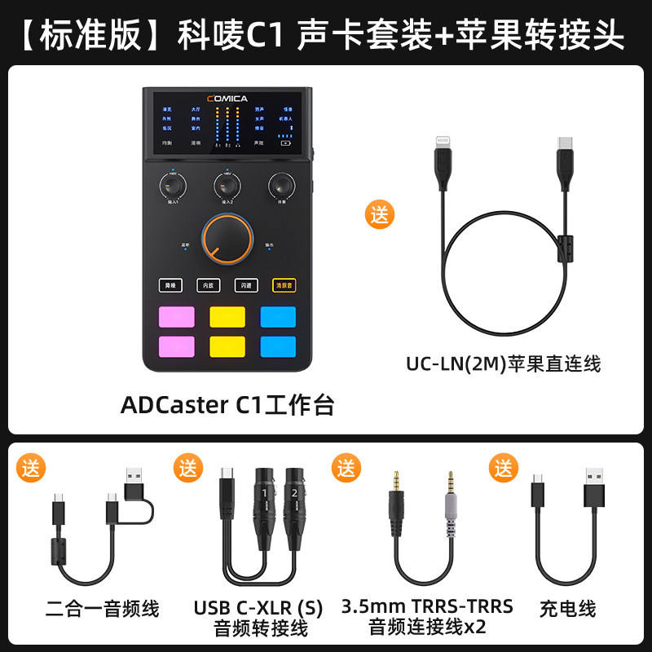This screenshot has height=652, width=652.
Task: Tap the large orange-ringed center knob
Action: tap(227, 239)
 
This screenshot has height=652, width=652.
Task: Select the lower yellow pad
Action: tap(227, 346)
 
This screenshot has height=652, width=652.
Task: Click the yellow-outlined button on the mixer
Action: tap(284, 285)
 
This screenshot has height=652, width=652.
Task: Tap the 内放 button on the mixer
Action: tap(209, 285)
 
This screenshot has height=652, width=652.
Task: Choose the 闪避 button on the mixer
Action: tap(246, 285)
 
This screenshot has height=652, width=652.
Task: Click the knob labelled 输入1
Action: tap(173, 185)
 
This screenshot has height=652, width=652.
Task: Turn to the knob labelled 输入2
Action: tap(227, 185)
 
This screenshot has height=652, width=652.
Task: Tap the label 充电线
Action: tap(567, 608)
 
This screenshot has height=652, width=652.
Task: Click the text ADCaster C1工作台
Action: tap(227, 405)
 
